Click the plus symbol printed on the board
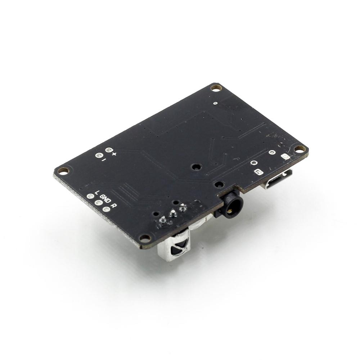pos(114,154)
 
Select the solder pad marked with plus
pos(108,149)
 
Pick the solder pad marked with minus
pos(97,155)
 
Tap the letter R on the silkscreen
pos(114,206)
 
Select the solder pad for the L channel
pos(90,197)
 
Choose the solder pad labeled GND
pos(98,203)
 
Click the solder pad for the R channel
pos(106,209)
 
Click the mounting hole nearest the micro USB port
pos(300,148)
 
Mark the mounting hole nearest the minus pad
pos(64,170)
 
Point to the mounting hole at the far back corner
pos(215,87)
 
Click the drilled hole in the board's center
pos(196,167)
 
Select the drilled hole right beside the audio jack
pos(218,184)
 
